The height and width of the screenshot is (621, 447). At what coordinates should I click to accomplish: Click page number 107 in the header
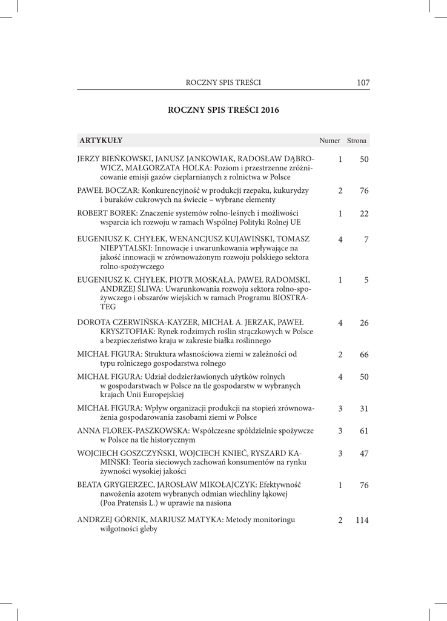(x=363, y=82)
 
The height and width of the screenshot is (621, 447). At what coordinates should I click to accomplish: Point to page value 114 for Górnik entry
(x=362, y=520)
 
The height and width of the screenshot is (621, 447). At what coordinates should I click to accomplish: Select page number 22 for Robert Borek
(x=364, y=213)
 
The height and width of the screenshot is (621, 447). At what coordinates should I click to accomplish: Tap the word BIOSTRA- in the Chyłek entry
(x=290, y=299)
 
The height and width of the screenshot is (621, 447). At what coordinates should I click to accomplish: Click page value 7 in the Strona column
(x=366, y=240)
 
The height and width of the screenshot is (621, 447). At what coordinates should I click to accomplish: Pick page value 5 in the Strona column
(x=366, y=281)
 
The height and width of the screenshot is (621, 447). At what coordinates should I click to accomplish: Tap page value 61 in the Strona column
(x=364, y=431)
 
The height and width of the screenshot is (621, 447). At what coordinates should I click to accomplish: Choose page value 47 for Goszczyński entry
(x=364, y=454)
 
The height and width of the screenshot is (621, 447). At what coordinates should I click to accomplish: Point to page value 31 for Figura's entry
(x=364, y=409)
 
